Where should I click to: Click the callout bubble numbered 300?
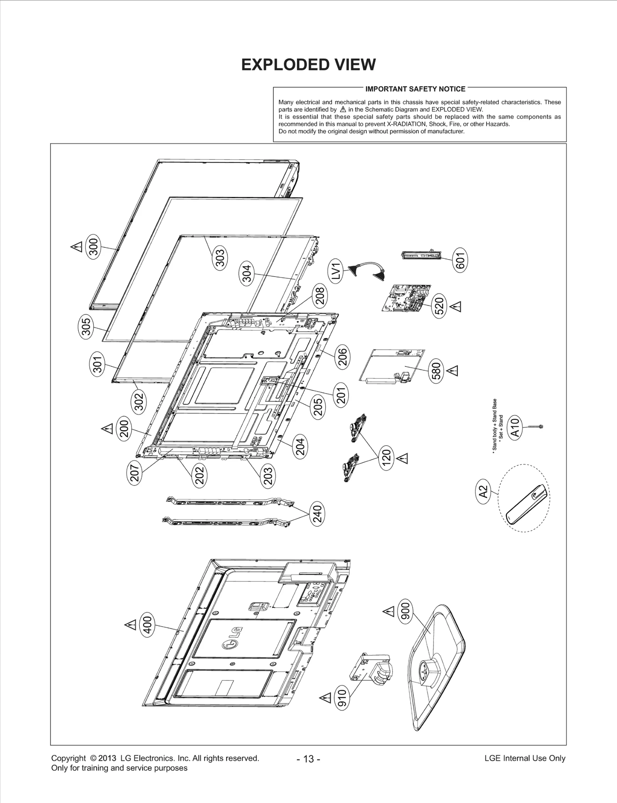tap(94, 245)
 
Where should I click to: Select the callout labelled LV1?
tap(336, 271)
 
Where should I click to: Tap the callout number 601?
tap(461, 260)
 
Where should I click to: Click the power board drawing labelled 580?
tap(393, 366)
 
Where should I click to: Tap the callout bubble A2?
tap(483, 491)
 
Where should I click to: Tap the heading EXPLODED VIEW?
tap(308, 65)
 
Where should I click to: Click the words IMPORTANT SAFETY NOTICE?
tap(415, 89)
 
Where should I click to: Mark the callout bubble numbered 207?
tap(134, 474)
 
